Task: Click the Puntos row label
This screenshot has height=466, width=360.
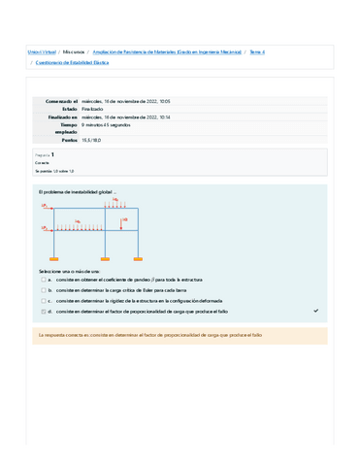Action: pyautogui.click(x=67, y=141)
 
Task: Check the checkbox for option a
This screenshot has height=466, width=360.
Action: pyautogui.click(x=43, y=279)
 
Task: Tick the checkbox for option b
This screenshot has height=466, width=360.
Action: pyautogui.click(x=43, y=289)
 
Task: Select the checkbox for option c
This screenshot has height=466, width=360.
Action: pyautogui.click(x=43, y=301)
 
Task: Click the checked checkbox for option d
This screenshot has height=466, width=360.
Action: pyautogui.click(x=43, y=312)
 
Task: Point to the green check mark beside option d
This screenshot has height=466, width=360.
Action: pyautogui.click(x=315, y=312)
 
